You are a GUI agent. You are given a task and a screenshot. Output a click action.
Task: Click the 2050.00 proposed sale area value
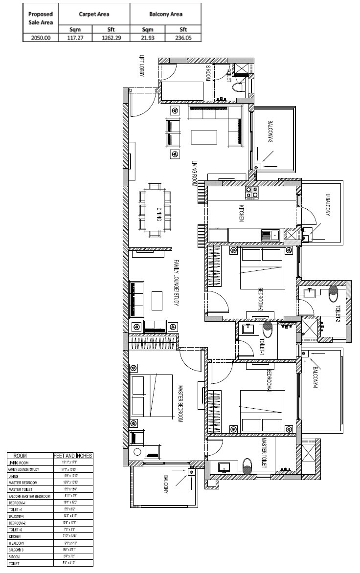coord(41,37)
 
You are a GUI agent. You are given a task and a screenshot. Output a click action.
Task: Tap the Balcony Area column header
coord(166,14)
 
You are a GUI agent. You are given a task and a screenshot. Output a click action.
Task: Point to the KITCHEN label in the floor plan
coord(242,213)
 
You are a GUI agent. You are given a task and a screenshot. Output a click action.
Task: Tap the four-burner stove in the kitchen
coord(252,192)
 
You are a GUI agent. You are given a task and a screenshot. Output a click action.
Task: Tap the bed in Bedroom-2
coord(260,269)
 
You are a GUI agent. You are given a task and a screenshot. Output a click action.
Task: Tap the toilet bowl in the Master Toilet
coord(247,467)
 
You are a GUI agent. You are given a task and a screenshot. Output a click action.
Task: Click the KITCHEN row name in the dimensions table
coord(14,536)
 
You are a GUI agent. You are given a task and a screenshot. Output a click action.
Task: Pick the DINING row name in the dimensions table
coord(13,476)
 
